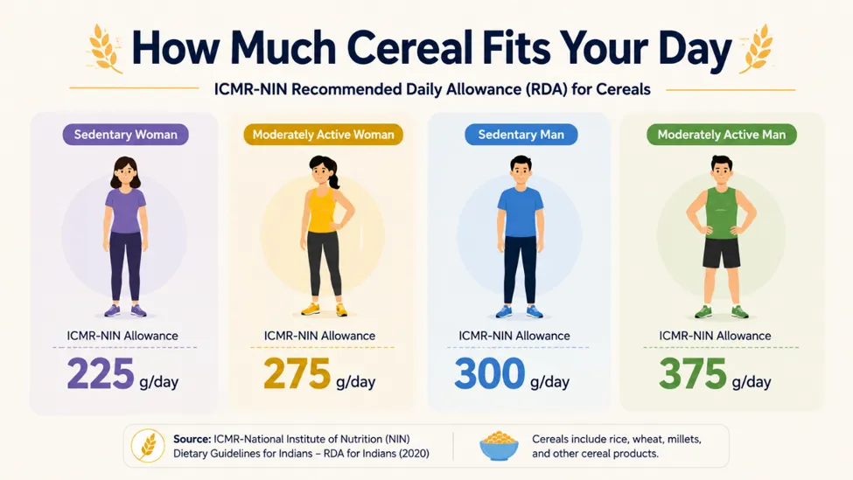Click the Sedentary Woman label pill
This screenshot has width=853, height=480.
[x=126, y=135]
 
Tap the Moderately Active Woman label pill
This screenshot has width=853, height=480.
[x=323, y=135]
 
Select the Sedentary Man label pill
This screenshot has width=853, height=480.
[x=521, y=135]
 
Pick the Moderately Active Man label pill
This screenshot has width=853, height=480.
[x=722, y=135]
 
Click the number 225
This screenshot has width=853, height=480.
[x=101, y=373]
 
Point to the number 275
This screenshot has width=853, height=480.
[x=297, y=373]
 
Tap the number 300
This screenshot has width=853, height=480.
[x=490, y=373]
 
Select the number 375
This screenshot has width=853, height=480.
[x=693, y=373]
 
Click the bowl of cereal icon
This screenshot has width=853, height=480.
[x=499, y=446]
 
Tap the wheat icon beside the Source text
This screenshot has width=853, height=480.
[x=148, y=446]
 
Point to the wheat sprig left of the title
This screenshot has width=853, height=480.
[x=105, y=48]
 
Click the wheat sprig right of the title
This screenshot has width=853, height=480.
[x=756, y=48]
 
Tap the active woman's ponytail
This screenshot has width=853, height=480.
[x=333, y=175]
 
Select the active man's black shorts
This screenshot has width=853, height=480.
[x=722, y=253]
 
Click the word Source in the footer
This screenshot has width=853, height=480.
[x=192, y=439]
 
